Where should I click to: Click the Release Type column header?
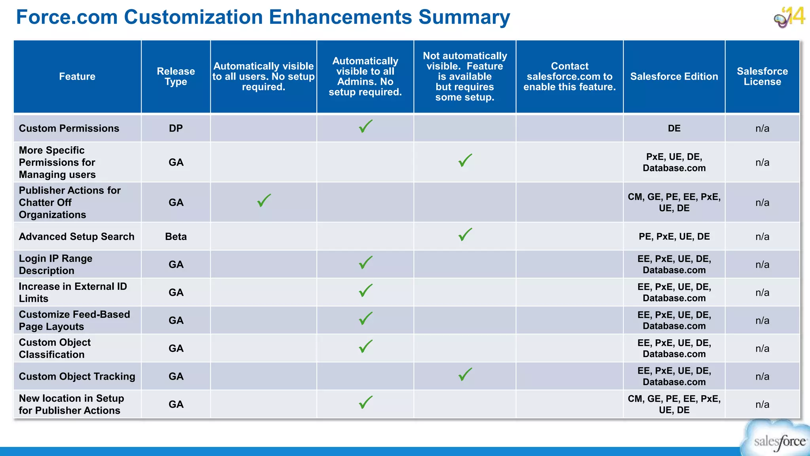176,76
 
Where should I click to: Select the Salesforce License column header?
762,76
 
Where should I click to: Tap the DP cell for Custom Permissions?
176,128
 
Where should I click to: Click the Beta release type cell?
176,236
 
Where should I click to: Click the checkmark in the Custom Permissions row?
365,126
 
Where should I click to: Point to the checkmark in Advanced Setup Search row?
465,234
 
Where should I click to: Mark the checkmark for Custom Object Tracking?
465,374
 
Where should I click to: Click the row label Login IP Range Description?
55,264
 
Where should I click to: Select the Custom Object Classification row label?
55,348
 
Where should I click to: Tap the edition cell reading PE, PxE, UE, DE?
674,236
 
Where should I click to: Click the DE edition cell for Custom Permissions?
674,128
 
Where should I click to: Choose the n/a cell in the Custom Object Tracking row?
762,376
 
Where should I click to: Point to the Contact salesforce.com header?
570,76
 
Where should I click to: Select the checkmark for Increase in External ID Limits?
365,290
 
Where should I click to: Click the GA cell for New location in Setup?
176,404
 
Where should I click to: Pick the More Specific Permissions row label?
57,162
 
